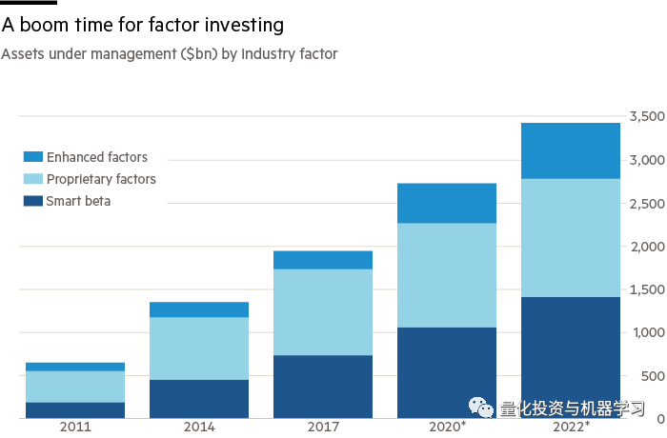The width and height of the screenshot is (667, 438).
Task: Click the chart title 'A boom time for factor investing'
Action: click(x=143, y=25)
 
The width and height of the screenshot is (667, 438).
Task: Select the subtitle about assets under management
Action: click(x=170, y=54)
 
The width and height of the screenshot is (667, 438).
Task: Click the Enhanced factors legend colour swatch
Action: click(x=33, y=156)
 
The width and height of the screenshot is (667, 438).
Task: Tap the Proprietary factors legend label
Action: click(x=101, y=179)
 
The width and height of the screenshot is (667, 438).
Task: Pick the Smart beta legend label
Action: click(x=78, y=201)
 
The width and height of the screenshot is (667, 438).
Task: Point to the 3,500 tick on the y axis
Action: click(x=647, y=116)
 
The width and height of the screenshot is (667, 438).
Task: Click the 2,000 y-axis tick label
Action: click(x=647, y=247)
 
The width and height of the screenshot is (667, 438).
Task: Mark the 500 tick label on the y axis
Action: click(x=653, y=376)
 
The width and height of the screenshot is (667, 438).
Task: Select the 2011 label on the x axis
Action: click(x=75, y=427)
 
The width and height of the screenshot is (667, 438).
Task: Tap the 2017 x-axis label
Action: click(x=323, y=427)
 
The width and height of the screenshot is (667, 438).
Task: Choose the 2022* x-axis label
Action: click(x=572, y=426)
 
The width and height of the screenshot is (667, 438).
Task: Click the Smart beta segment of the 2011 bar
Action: click(x=75, y=410)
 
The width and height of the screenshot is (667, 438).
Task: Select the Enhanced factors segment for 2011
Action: click(x=75, y=367)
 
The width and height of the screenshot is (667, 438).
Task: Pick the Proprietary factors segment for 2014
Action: click(x=199, y=348)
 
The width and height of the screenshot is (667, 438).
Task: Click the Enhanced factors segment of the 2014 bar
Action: click(x=199, y=309)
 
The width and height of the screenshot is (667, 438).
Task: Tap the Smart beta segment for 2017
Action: click(x=323, y=387)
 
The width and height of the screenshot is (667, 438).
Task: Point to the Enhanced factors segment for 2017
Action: click(x=323, y=260)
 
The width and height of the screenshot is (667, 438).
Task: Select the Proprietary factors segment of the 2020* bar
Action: click(x=447, y=275)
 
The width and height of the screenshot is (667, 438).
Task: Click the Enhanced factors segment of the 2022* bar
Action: click(x=571, y=151)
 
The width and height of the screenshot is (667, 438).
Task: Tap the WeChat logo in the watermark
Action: click(x=481, y=408)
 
